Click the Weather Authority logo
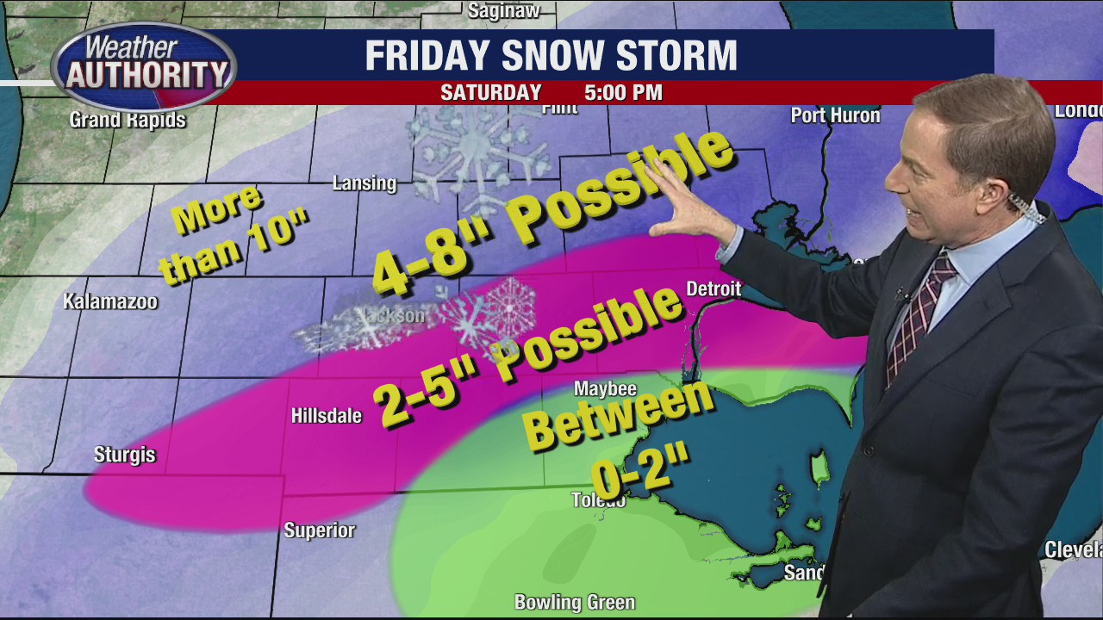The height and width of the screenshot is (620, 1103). coord(143,65)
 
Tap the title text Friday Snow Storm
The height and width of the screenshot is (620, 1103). coord(551,56)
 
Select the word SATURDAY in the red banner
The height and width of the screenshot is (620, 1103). coord(490,93)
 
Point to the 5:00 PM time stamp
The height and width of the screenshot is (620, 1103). coord(623,93)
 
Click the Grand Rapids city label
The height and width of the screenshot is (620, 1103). coord(128,120)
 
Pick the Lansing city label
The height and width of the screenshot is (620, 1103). coord(365,183)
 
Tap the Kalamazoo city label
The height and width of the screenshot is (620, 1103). coord(110,302)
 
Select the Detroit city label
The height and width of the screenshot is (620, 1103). coord(714,289)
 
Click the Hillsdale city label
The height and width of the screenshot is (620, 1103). coord(326,416)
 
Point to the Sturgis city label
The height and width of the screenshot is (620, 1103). coord(124,455)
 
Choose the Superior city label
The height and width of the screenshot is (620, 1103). coord(319,530)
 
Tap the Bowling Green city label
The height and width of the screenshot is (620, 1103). coord(574,602)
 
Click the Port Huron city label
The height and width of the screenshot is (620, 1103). coord(835,115)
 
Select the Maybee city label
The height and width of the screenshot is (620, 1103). coord(605,389)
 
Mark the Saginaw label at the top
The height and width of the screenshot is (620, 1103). coord(503,10)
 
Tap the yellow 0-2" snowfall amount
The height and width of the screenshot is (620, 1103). coord(642,473)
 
